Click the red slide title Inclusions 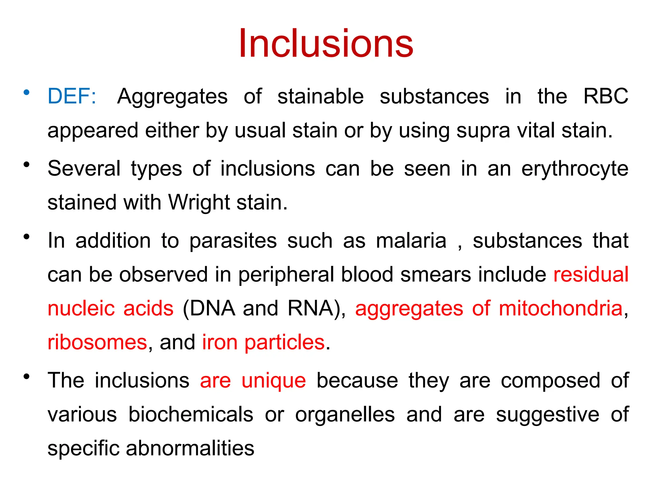point(326,44)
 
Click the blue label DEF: point(72,96)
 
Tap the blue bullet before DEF point(26,93)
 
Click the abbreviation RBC point(606,96)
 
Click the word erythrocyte point(575,169)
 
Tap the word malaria point(411,241)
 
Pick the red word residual point(591,274)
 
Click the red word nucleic point(81,308)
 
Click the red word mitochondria point(560,308)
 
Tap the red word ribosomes point(97,343)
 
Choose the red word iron point(220,343)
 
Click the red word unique point(273,381)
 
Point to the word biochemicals point(191,415)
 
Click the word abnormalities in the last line point(190,449)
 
